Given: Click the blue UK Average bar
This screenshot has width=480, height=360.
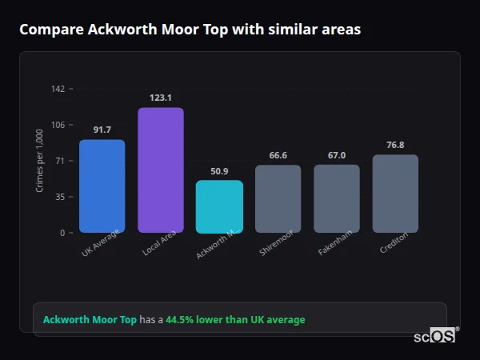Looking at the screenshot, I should pyautogui.click(x=102, y=186).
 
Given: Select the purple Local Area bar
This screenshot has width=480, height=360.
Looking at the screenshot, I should pyautogui.click(x=161, y=170).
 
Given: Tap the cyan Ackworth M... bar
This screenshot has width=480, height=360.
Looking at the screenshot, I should pyautogui.click(x=219, y=206).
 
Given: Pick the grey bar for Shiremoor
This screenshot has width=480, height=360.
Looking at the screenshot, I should pyautogui.click(x=278, y=198).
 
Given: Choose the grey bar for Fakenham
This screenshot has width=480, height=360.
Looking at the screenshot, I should pyautogui.click(x=336, y=198).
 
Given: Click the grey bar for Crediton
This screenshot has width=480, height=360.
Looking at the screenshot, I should pyautogui.click(x=395, y=194).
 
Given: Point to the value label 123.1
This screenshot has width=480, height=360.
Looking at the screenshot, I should pyautogui.click(x=161, y=98).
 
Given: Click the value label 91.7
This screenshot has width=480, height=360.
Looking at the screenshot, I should pyautogui.click(x=102, y=130).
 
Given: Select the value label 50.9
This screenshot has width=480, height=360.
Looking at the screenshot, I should pyautogui.click(x=219, y=171).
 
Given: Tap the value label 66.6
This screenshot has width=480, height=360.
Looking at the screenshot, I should pyautogui.click(x=278, y=155).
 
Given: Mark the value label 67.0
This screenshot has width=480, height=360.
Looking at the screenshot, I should pyautogui.click(x=336, y=155).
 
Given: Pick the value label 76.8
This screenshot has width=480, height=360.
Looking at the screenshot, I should pyautogui.click(x=395, y=145).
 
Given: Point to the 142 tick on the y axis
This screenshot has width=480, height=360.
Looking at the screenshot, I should pyautogui.click(x=58, y=89).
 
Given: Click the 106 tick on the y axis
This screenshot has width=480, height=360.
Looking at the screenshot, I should pyautogui.click(x=58, y=125).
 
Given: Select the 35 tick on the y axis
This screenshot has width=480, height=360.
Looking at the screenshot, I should pyautogui.click(x=59, y=197).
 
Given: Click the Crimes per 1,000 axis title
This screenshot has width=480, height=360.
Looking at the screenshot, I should pyautogui.click(x=40, y=160).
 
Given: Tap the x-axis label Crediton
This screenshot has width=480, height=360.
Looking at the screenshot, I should pyautogui.click(x=394, y=242).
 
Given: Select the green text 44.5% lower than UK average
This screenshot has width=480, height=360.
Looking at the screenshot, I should pyautogui.click(x=235, y=320).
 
